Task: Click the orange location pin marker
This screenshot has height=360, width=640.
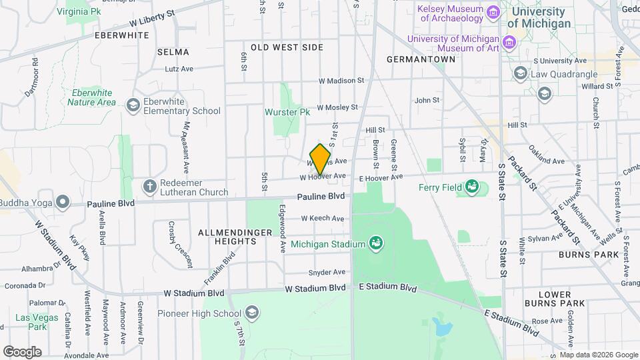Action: [320, 159]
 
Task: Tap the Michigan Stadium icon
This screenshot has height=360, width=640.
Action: [377, 243]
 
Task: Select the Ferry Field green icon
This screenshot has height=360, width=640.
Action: [472, 187]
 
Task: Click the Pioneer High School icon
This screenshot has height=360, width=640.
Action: [252, 312]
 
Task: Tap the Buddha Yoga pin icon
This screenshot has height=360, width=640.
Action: [63, 201]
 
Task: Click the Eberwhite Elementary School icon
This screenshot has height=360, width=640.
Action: [133, 104]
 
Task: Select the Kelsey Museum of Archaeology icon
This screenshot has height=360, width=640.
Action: [493, 13]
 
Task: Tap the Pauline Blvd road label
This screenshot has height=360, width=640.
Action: [321, 197]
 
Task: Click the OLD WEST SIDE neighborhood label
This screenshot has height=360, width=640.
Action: [287, 47]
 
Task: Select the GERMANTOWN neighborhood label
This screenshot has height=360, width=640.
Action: [421, 59]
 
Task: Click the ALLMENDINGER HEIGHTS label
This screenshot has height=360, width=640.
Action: [226, 237]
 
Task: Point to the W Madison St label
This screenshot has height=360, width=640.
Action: [341, 80]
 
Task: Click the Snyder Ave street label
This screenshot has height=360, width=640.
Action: [327, 272]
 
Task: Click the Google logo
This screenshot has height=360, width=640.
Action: [22, 351]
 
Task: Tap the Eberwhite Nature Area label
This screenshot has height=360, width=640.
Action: [91, 97]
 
